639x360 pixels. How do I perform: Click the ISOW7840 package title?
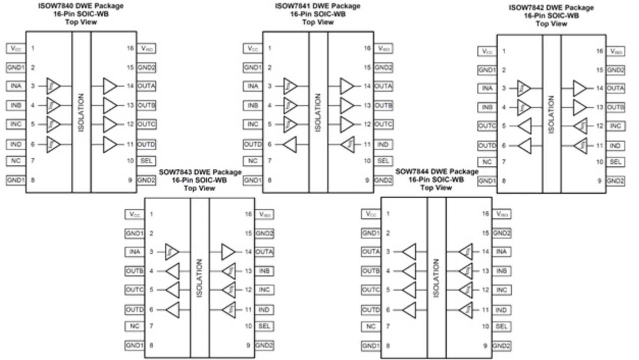(81, 6)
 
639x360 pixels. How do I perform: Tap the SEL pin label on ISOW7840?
(146, 161)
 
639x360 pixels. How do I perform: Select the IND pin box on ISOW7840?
(15, 144)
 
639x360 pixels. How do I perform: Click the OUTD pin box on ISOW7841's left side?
(253, 144)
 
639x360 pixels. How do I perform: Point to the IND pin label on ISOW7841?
(383, 144)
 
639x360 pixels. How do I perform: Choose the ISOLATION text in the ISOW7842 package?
(551, 115)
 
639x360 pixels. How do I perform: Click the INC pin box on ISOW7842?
(616, 126)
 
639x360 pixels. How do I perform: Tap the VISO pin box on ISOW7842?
(616, 51)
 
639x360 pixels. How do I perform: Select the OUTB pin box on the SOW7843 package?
(134, 271)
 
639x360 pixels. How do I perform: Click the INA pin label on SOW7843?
(134, 252)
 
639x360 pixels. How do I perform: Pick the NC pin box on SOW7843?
(134, 326)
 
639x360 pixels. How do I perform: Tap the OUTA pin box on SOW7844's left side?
(370, 252)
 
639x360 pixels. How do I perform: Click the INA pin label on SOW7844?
(502, 252)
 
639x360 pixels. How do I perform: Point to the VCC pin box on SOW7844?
(370, 214)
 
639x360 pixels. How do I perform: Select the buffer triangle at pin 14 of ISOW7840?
(110, 86)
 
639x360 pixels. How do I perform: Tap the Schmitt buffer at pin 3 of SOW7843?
(172, 252)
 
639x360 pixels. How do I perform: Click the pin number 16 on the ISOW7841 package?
(367, 48)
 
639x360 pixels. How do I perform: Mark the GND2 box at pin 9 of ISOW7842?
(616, 181)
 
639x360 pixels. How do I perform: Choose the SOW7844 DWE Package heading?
(436, 171)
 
